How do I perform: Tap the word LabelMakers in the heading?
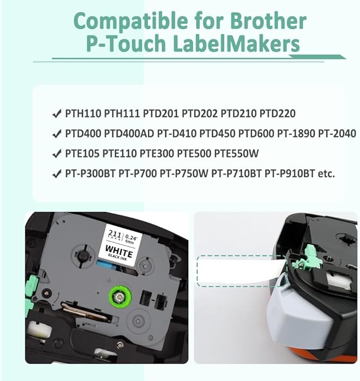(236, 44)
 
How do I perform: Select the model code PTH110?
(83, 114)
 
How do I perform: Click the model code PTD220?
(277, 114)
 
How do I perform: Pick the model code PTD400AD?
(129, 133)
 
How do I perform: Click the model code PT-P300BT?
(90, 174)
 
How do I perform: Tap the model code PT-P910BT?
(289, 174)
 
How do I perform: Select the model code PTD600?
(256, 133)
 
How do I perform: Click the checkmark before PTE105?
(57, 154)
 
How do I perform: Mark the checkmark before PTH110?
(57, 114)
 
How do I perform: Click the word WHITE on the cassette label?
(119, 250)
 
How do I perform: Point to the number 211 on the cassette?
(115, 234)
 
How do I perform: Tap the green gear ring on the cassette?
(120, 297)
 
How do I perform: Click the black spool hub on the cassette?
(83, 256)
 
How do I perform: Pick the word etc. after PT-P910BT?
(326, 174)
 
